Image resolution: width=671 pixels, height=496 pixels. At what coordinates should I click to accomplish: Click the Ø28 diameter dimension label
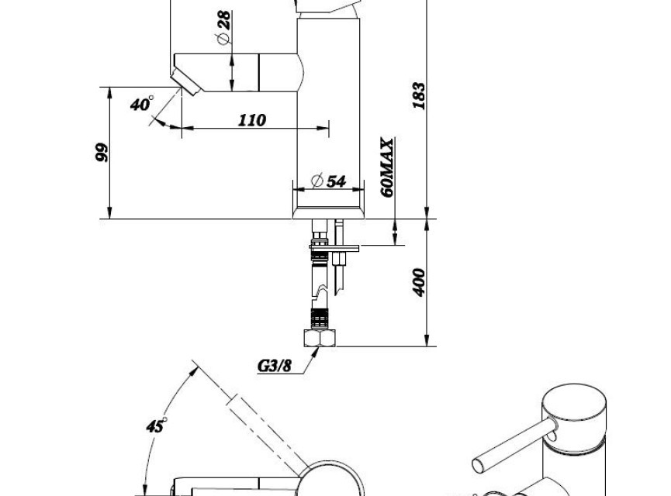point(224,27)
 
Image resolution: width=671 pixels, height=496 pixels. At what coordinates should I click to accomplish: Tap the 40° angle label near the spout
point(142,104)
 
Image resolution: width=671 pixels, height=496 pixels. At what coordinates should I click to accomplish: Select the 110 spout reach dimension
point(251,120)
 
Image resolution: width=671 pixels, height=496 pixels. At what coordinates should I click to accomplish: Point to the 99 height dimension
point(102,152)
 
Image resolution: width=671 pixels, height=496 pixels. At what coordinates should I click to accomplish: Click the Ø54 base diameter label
point(329,181)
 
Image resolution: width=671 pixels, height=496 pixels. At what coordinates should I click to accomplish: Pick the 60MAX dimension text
point(387,167)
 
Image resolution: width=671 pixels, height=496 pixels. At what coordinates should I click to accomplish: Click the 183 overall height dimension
point(420,96)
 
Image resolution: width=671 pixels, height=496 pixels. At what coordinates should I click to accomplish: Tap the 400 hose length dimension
point(420,282)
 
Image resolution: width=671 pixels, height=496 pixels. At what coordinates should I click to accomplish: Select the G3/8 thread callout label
point(275,366)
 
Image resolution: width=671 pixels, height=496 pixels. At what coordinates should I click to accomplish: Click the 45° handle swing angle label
point(156,425)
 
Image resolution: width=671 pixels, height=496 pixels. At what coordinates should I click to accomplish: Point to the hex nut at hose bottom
point(320,338)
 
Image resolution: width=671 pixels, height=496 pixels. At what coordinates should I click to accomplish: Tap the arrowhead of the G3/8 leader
point(315,352)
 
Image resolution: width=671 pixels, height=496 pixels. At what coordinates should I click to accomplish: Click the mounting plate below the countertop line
point(334,247)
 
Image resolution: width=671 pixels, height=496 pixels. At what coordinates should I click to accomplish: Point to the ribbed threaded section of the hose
point(319,318)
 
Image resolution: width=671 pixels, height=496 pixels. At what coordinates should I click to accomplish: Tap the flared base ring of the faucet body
point(328,213)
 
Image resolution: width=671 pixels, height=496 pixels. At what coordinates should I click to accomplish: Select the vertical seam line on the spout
point(259,72)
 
